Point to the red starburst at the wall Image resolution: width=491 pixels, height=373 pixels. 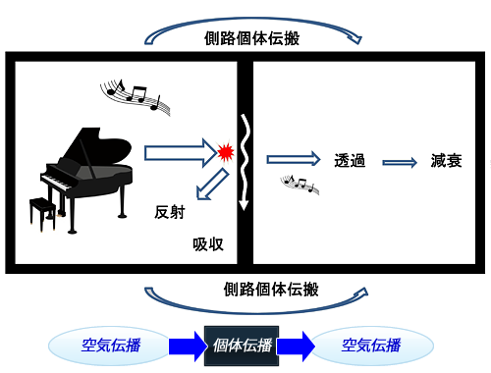click(227, 151)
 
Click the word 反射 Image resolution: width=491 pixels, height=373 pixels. click(170, 211)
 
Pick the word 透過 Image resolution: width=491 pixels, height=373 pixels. click(350, 162)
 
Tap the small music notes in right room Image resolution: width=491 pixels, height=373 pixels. click(300, 184)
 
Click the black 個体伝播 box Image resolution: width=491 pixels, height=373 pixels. click(242, 345)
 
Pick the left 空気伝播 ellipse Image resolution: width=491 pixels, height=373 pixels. click(107, 346)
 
